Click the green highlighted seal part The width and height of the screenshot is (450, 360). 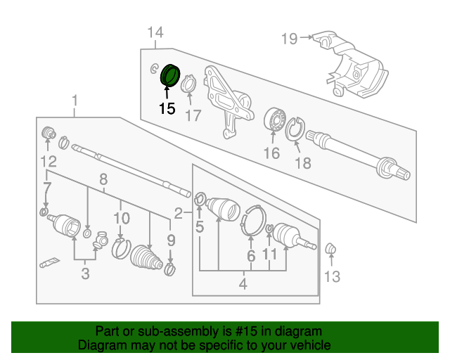click(x=170, y=75)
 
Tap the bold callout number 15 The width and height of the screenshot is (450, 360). click(x=167, y=108)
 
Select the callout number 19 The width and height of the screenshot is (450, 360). click(x=290, y=38)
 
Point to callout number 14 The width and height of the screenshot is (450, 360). click(x=155, y=32)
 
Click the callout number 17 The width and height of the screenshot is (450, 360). click(x=193, y=115)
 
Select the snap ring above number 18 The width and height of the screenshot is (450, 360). click(x=296, y=128)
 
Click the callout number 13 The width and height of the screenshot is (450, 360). click(x=332, y=277)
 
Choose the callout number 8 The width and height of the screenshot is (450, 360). click(x=103, y=179)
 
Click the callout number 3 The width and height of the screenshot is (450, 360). click(x=85, y=274)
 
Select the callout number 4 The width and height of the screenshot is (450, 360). click(x=243, y=284)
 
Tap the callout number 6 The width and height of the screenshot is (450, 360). click(x=250, y=256)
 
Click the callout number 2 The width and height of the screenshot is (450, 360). click(x=179, y=212)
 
